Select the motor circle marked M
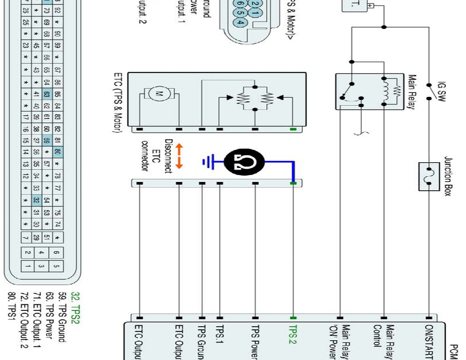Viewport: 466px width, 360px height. click(x=156, y=93)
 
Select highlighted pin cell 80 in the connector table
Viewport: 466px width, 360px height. click(x=58, y=152)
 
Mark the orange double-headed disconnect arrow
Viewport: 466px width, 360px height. click(x=179, y=156)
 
